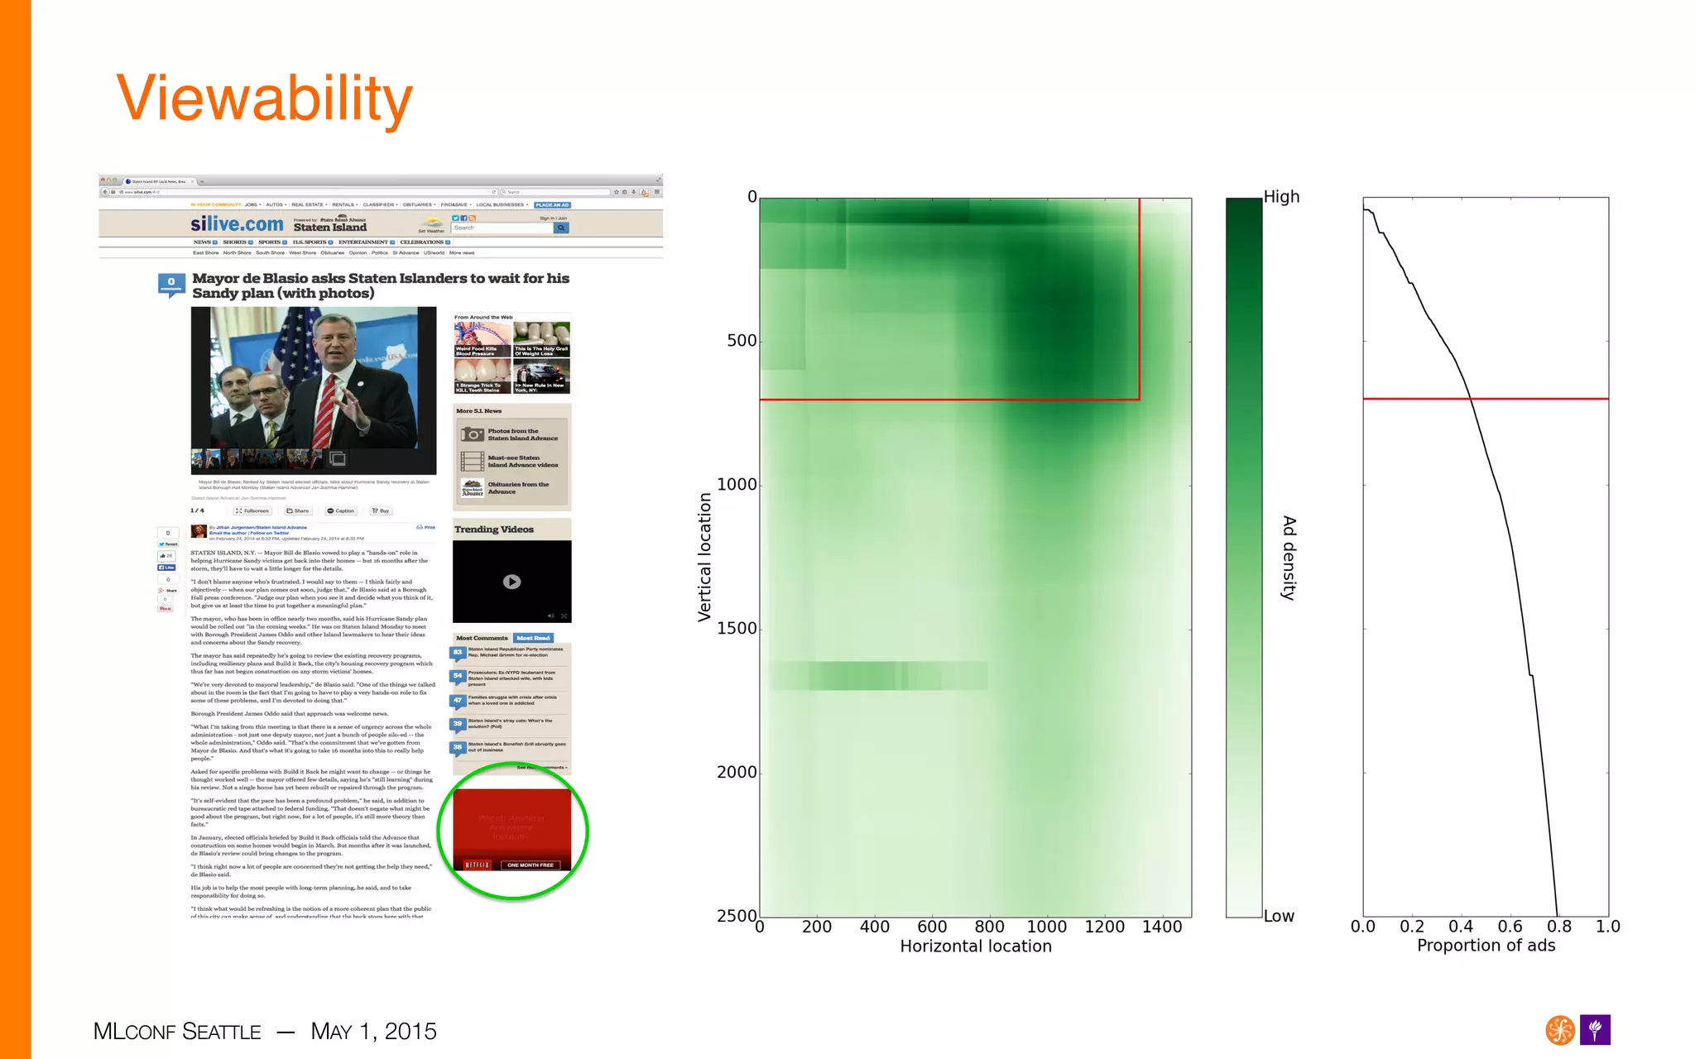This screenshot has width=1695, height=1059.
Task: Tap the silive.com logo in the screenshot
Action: pos(237,224)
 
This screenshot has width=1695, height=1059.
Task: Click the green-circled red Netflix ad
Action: pos(512,830)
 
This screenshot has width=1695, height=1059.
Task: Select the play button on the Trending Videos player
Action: pos(512,582)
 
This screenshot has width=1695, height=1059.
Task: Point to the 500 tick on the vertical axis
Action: pos(742,341)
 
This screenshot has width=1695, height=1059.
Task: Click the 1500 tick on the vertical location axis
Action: pos(737,629)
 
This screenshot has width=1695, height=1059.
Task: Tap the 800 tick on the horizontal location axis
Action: pos(989,927)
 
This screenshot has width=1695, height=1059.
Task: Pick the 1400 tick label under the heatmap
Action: pos(1162,927)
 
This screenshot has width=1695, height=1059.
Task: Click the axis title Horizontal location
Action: pos(976,946)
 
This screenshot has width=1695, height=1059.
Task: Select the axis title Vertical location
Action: pos(704,557)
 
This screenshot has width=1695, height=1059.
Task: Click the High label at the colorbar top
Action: pos(1281,197)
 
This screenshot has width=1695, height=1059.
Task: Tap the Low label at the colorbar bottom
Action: pos(1279,916)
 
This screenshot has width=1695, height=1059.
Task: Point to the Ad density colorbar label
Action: pos(1289,557)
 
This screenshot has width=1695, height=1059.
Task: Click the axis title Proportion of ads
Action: pos(1486,946)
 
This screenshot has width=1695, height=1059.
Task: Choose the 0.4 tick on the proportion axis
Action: pos(1461,927)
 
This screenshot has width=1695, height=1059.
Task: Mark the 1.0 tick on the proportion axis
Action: pos(1607,927)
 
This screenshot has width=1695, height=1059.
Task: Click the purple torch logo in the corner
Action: pos(1595,1030)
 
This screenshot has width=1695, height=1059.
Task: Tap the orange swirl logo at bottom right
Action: pos(1560,1030)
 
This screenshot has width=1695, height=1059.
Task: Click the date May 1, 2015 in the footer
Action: pos(373,1032)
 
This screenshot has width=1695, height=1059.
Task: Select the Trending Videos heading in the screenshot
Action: pos(494,529)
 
